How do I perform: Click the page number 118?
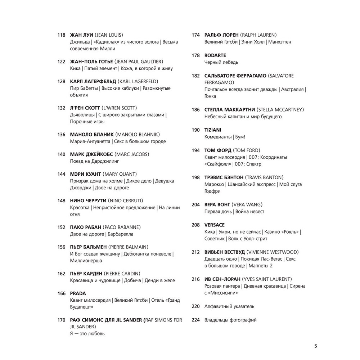(61, 35)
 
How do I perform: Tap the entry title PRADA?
(78, 293)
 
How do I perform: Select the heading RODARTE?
(215, 55)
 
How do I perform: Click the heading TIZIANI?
(213, 130)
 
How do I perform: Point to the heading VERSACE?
(214, 225)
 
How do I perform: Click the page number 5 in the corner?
(316, 346)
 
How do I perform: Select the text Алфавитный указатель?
(229, 306)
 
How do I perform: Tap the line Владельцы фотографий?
(230, 320)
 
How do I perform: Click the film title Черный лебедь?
(221, 62)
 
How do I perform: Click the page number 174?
(195, 35)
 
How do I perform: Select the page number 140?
(61, 154)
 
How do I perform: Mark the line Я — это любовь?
(87, 333)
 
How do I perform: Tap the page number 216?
(195, 279)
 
